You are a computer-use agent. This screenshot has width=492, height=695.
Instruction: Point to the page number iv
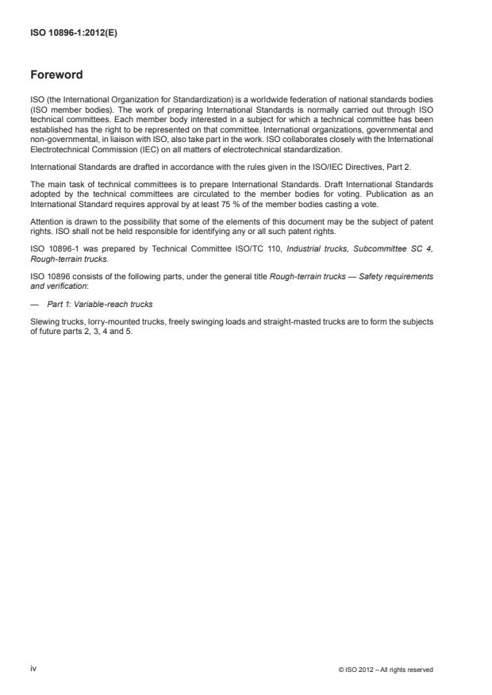pos(33,669)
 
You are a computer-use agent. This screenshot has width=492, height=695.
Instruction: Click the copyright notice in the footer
pos(386,670)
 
